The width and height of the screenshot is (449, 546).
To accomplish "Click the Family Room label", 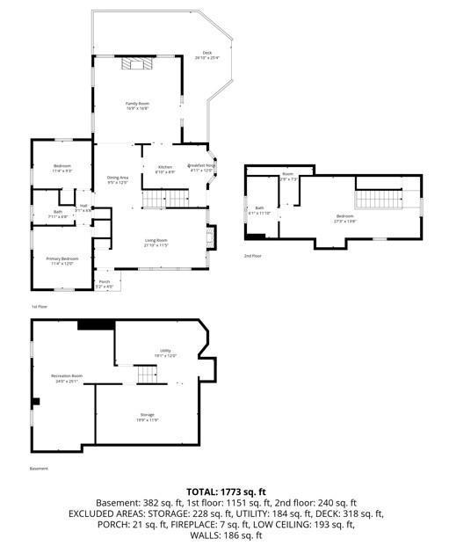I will [137, 106].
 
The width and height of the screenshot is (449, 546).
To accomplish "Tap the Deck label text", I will [207, 55].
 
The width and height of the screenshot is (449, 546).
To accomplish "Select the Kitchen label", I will [165, 169].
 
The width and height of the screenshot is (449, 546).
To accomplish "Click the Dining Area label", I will [118, 180].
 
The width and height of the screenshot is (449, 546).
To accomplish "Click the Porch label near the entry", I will [104, 285].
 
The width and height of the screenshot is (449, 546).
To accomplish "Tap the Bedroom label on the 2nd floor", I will [344, 217].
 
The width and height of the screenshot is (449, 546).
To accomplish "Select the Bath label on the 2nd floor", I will [260, 210].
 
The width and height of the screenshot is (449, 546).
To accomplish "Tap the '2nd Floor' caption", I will [253, 256].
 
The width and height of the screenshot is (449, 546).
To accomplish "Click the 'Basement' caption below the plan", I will [40, 470].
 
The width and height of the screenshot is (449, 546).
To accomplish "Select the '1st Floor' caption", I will [40, 307].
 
